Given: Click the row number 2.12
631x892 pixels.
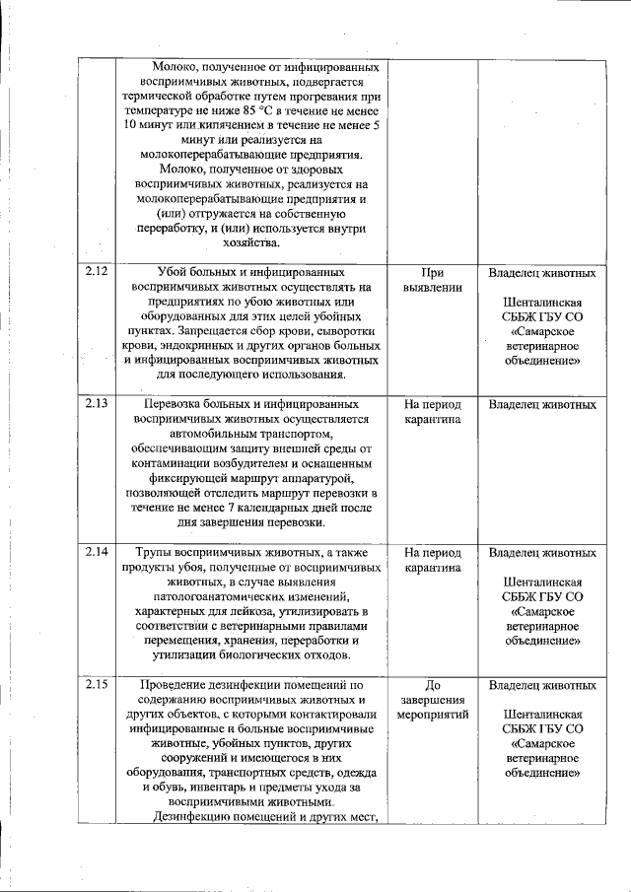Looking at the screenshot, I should pos(96,270).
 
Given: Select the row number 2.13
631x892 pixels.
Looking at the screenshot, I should pos(96,403).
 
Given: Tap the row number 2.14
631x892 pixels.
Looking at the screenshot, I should pos(96,552).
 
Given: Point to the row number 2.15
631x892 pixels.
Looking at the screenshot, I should pos(96,685).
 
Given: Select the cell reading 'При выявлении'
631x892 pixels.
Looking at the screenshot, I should pos(434,278).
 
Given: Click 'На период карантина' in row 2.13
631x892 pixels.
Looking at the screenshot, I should pos(434,411).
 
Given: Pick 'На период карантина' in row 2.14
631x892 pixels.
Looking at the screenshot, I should pos(434,560).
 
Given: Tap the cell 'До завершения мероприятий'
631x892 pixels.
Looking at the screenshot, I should pos(434,700).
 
